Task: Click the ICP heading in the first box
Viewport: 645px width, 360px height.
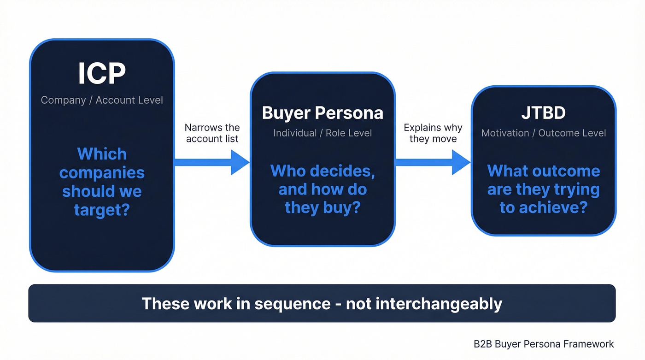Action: [x=102, y=74]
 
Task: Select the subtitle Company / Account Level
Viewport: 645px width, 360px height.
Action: [x=102, y=100]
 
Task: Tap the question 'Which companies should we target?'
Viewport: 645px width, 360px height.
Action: [x=102, y=182]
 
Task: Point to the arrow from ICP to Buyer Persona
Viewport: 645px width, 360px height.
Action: [x=211, y=162]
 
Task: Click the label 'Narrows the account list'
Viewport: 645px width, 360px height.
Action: [x=212, y=133]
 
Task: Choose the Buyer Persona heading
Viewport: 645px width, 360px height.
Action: [x=322, y=113]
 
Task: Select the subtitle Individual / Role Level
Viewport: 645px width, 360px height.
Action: [x=322, y=133]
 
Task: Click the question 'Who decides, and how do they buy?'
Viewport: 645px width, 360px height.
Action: [x=322, y=189]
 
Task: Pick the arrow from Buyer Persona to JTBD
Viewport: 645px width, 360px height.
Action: [x=433, y=162]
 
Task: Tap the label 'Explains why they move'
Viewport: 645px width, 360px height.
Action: [x=433, y=133]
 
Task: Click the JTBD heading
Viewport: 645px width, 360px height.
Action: [x=544, y=113]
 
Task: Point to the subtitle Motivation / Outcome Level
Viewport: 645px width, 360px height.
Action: [x=544, y=133]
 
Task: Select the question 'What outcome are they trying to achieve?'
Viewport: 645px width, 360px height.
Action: [x=544, y=189]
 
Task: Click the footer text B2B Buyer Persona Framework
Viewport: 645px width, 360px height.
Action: [x=544, y=344]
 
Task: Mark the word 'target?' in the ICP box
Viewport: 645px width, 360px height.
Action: [x=102, y=210]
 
